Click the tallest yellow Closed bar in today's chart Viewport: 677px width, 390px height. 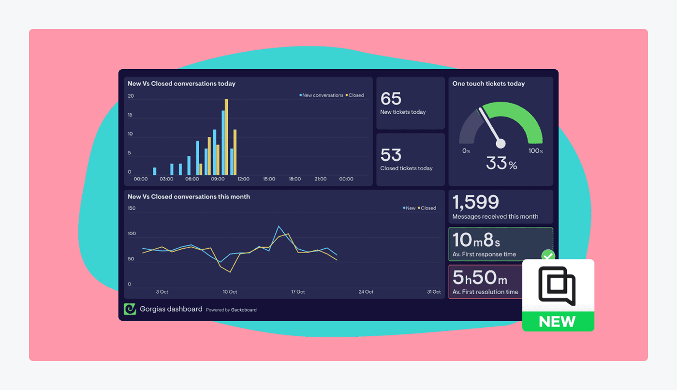226,137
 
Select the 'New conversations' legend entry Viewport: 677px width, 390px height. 322,95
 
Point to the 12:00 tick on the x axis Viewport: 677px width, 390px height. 243,179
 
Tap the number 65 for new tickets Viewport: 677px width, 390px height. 391,99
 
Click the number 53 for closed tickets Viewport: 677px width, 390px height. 391,155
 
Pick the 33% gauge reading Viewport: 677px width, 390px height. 501,164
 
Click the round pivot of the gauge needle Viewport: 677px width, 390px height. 500,144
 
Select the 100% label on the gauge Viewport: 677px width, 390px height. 535,151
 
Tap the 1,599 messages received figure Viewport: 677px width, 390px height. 475,202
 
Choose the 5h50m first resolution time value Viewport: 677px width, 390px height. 480,278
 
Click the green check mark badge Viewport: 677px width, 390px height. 548,256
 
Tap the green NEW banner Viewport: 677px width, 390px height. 558,321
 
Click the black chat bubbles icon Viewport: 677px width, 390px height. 557,285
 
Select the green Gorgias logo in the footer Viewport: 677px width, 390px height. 130,309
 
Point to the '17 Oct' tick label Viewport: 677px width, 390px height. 297,292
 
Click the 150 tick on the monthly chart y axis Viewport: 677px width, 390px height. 132,209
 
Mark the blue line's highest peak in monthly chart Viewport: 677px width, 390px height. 279,226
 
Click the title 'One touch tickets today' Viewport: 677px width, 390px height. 488,84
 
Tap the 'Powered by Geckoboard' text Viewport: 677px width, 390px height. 231,310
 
